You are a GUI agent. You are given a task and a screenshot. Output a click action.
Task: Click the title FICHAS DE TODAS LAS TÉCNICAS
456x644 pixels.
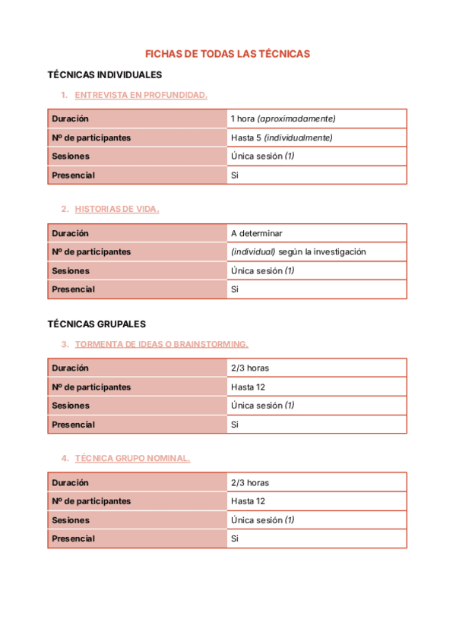point(228,54)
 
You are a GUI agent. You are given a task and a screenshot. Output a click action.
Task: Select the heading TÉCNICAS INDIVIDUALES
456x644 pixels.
point(104,75)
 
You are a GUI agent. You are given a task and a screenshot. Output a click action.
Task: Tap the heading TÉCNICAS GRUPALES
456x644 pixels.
point(97,324)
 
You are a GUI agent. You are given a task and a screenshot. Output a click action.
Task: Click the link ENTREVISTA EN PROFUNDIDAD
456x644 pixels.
point(141,95)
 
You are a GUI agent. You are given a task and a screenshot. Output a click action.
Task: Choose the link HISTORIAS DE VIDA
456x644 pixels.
point(117,209)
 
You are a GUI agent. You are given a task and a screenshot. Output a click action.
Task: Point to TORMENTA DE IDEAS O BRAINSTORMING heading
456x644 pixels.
point(161,344)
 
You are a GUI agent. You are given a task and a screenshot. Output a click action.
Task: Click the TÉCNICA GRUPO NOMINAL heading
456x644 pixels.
point(132,458)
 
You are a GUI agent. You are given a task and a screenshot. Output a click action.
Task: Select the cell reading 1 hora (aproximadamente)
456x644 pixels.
point(283,119)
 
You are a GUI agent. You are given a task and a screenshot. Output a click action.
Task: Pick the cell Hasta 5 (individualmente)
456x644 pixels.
point(281,138)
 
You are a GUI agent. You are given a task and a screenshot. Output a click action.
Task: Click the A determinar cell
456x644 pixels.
point(256,233)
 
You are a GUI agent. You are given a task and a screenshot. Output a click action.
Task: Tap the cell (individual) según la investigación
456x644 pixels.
point(298,252)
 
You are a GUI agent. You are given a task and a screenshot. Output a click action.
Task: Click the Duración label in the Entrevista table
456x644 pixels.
point(70,119)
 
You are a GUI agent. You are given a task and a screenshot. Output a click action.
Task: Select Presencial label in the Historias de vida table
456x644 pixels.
point(73,289)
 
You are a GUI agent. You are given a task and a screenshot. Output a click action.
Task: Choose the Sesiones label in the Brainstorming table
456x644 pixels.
point(71,406)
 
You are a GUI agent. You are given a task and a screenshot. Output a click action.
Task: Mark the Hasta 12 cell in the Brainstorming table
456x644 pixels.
point(248,387)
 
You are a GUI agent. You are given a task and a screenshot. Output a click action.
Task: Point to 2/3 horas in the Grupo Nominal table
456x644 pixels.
point(249,483)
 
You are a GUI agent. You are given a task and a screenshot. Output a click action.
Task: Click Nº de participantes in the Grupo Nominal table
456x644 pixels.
point(91,501)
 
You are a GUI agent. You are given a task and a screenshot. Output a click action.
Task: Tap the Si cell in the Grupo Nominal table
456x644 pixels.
point(235,539)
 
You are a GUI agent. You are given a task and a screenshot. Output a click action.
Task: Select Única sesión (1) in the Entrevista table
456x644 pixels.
point(262,156)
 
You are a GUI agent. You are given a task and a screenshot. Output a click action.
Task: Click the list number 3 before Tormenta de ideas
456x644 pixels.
point(65,344)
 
